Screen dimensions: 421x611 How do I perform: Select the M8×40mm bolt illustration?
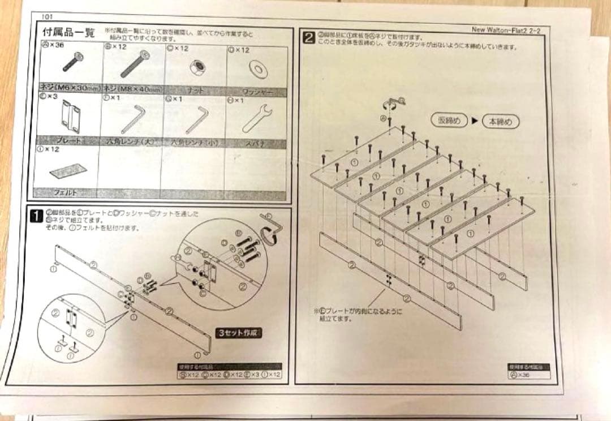point(135,64)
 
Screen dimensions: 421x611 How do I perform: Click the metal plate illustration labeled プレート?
point(70,117)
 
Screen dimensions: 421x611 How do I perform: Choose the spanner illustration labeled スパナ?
point(257,118)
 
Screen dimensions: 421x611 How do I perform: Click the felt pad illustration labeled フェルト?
point(66,170)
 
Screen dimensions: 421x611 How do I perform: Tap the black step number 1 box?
point(36,216)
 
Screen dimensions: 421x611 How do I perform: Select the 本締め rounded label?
point(500,121)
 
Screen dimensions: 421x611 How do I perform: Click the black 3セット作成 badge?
point(240,333)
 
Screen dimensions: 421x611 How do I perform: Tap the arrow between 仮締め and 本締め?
point(475,121)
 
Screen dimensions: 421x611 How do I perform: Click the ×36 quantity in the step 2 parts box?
point(523,375)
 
